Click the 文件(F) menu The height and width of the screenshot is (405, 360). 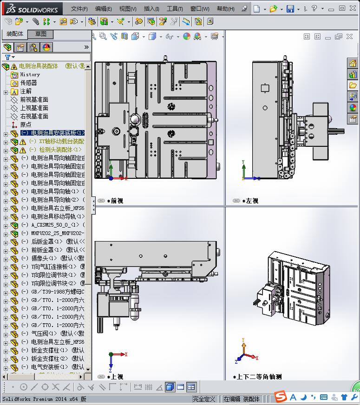(79, 9)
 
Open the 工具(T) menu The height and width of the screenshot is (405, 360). (175, 9)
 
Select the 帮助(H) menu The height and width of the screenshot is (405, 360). (226, 9)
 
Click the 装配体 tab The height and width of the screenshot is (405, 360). (15, 34)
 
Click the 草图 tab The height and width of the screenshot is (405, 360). (41, 34)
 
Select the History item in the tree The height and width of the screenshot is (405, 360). (30, 74)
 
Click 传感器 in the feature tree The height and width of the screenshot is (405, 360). (28, 83)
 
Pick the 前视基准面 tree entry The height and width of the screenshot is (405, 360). (34, 99)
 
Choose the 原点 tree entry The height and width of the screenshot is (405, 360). (26, 124)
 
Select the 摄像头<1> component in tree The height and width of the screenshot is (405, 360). (44, 258)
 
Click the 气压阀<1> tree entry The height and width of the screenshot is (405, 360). (44, 333)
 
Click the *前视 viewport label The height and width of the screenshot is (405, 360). (115, 201)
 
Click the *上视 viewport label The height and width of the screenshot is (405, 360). (115, 377)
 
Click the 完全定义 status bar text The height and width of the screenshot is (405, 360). (204, 398)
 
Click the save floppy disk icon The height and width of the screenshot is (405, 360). (290, 9)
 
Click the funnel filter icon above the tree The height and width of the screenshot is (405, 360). (7, 57)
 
